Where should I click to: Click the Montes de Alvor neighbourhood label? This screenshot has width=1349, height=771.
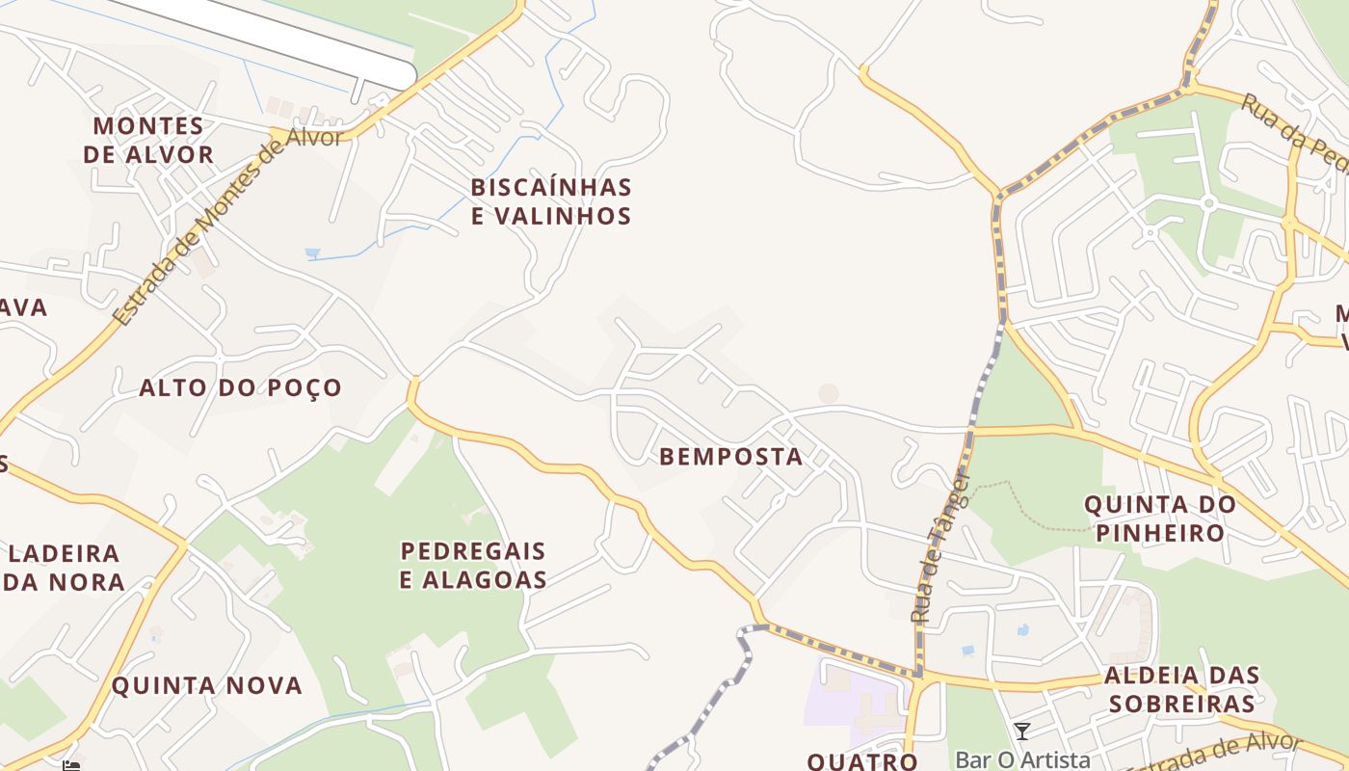pyautogui.click(x=148, y=140)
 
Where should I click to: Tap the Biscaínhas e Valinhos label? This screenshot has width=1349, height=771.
pyautogui.click(x=551, y=201)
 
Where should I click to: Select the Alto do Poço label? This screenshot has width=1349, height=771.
pyautogui.click(x=241, y=387)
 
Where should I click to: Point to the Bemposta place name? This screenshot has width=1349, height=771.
pyautogui.click(x=731, y=457)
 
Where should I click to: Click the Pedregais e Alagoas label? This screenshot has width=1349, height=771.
pyautogui.click(x=473, y=565)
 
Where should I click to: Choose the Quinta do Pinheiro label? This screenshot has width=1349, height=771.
pyautogui.click(x=1160, y=518)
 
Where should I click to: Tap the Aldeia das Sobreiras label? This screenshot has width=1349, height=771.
pyautogui.click(x=1182, y=689)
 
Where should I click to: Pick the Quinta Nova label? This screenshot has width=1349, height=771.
pyautogui.click(x=207, y=686)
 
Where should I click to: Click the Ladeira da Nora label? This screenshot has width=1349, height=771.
pyautogui.click(x=66, y=568)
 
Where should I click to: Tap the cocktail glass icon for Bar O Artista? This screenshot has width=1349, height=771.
pyautogui.click(x=1022, y=731)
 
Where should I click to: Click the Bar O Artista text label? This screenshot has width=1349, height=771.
pyautogui.click(x=1022, y=760)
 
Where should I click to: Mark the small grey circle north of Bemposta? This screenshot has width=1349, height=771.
pyautogui.click(x=828, y=393)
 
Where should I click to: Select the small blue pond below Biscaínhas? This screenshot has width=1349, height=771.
pyautogui.click(x=313, y=253)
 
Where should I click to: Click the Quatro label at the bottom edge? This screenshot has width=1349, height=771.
pyautogui.click(x=862, y=761)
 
